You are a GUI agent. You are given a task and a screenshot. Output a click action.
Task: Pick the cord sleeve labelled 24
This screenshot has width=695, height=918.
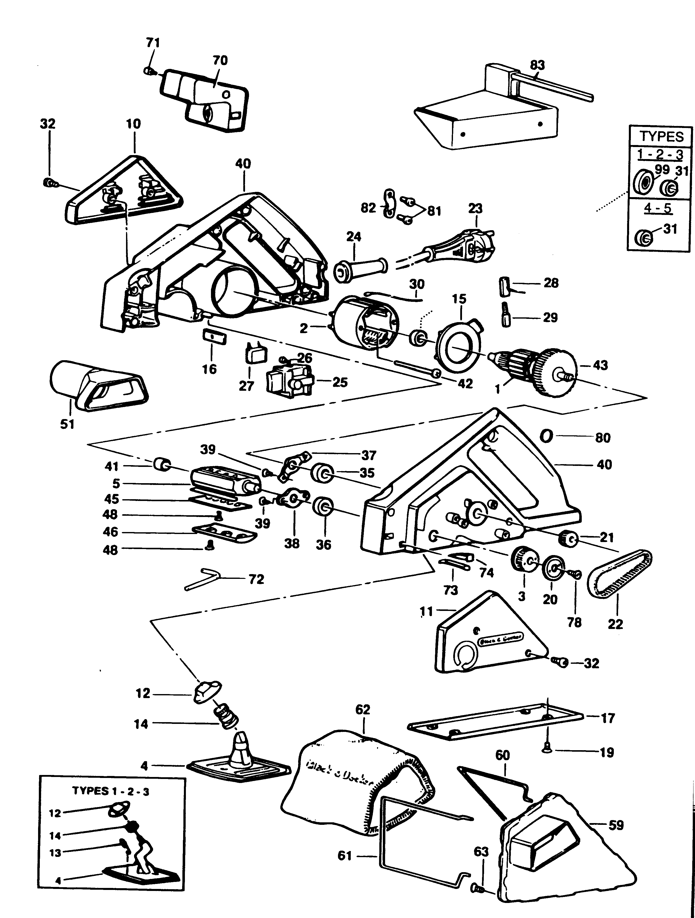360,270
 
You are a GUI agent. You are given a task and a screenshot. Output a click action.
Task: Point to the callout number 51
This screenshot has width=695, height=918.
67,424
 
